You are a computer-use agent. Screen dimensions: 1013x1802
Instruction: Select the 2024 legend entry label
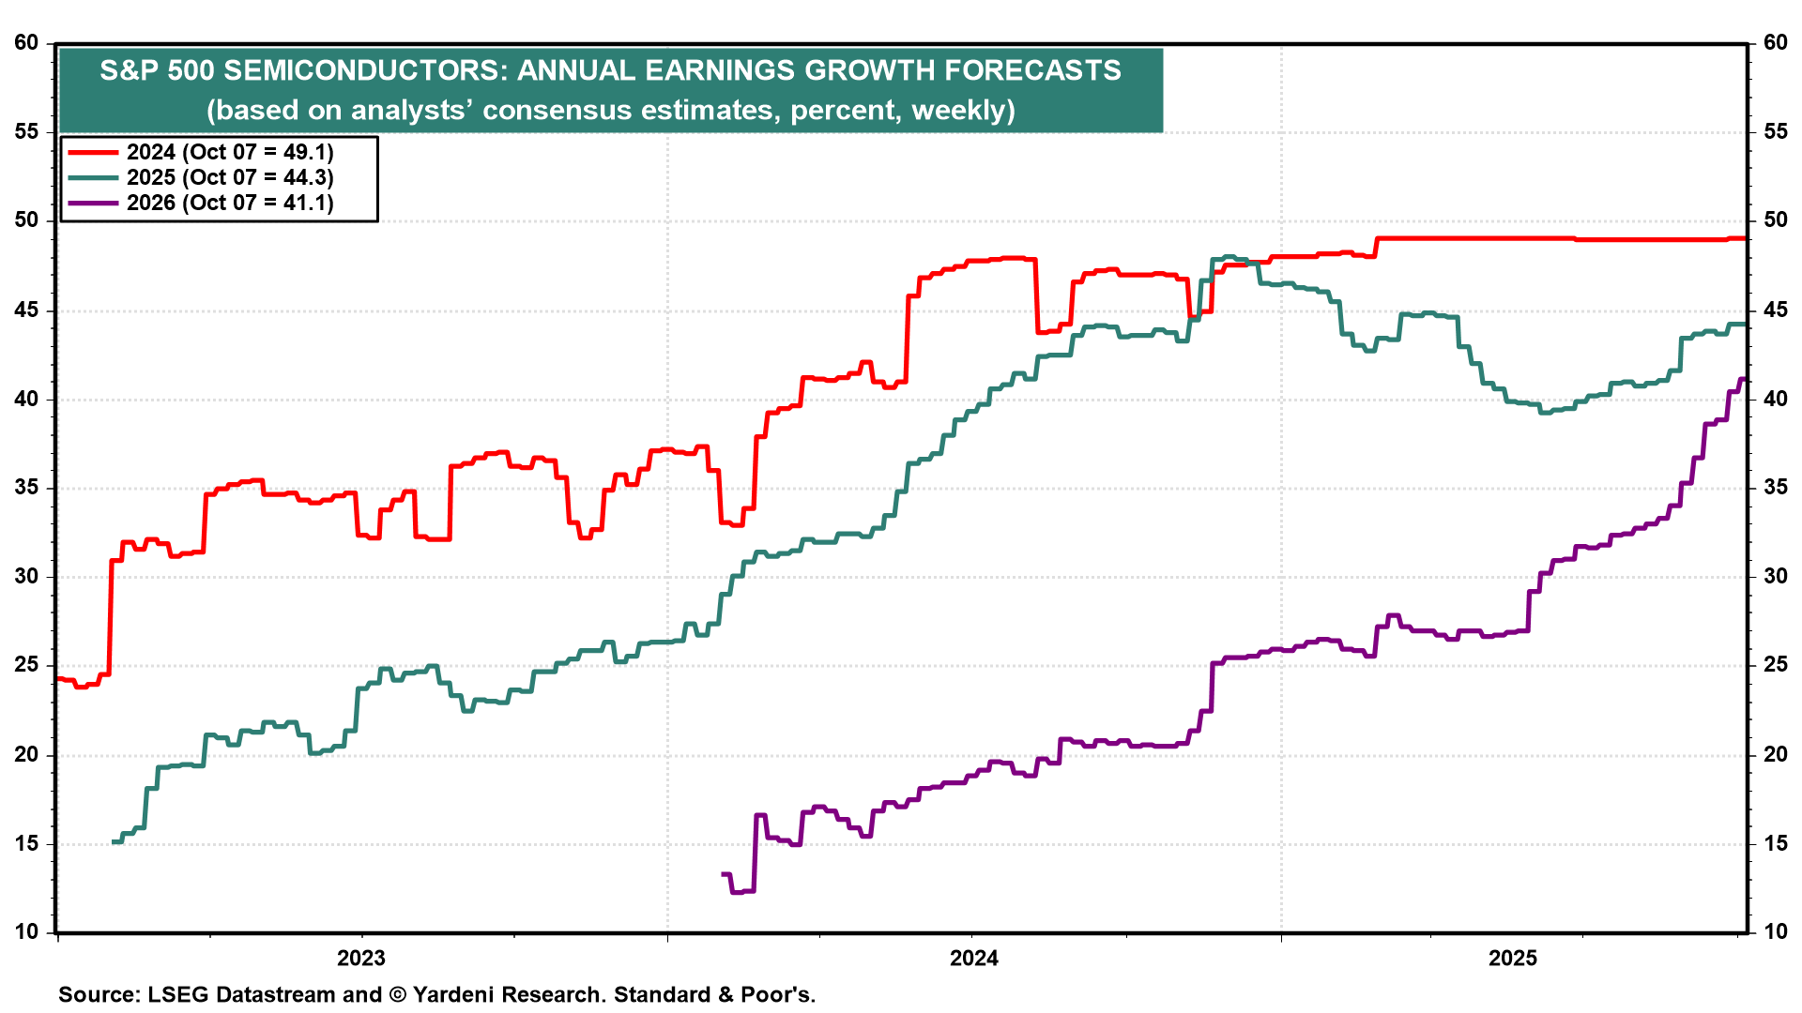point(230,152)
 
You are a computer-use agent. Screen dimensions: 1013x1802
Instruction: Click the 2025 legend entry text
point(230,177)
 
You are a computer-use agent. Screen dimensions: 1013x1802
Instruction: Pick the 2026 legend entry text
point(230,203)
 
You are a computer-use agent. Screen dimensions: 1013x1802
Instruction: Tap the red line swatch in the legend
point(92,152)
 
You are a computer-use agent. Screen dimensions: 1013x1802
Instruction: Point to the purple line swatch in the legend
point(92,203)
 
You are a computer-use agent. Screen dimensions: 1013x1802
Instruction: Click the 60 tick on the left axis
point(26,42)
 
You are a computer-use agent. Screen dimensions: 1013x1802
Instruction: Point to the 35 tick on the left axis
point(26,487)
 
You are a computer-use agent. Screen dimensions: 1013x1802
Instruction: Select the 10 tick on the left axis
point(26,931)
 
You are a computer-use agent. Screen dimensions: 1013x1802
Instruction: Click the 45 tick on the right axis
point(1775,310)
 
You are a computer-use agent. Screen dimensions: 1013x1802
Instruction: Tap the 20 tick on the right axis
point(1775,754)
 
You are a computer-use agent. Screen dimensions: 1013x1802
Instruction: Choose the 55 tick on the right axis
point(1775,131)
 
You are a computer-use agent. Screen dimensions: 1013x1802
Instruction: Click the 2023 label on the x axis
point(361,958)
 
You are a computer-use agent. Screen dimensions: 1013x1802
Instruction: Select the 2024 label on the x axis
point(974,958)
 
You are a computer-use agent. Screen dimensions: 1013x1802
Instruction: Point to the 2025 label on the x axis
point(1513,958)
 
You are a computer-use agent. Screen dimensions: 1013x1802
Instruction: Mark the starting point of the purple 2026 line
point(723,874)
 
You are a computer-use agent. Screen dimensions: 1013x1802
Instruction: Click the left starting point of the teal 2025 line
point(114,841)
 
